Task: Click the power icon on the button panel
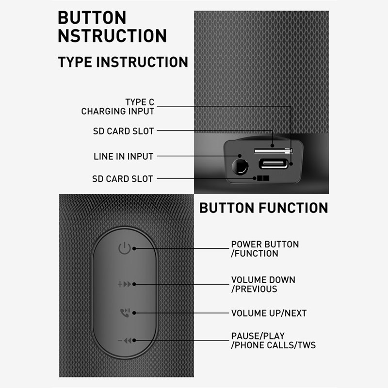click(124, 248)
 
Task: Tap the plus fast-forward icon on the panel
click(125, 284)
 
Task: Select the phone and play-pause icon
click(125, 313)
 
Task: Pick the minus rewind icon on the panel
click(125, 341)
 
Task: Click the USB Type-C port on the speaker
click(274, 163)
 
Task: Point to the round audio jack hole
click(240, 167)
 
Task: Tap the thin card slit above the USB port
click(274, 151)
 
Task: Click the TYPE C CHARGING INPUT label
click(118, 107)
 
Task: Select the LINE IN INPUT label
click(124, 156)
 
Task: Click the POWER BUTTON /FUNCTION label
click(265, 249)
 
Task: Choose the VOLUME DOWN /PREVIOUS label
click(263, 285)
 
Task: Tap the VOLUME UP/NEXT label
click(269, 313)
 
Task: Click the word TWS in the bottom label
click(307, 345)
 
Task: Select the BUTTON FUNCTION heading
click(264, 208)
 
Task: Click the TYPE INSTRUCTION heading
click(123, 62)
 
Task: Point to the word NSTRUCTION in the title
click(113, 36)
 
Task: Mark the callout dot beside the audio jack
click(240, 156)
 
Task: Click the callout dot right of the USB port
click(291, 164)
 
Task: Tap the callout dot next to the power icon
click(134, 248)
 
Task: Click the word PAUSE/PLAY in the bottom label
click(258, 336)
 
